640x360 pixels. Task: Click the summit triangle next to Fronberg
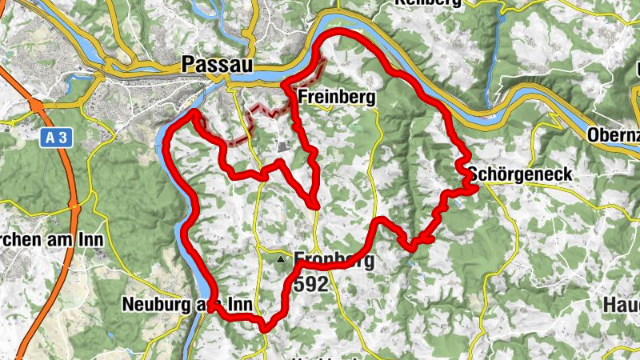280,260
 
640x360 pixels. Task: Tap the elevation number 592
310,283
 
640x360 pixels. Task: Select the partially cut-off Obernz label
613,134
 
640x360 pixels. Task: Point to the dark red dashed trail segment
260,112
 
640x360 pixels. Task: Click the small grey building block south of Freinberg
283,146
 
